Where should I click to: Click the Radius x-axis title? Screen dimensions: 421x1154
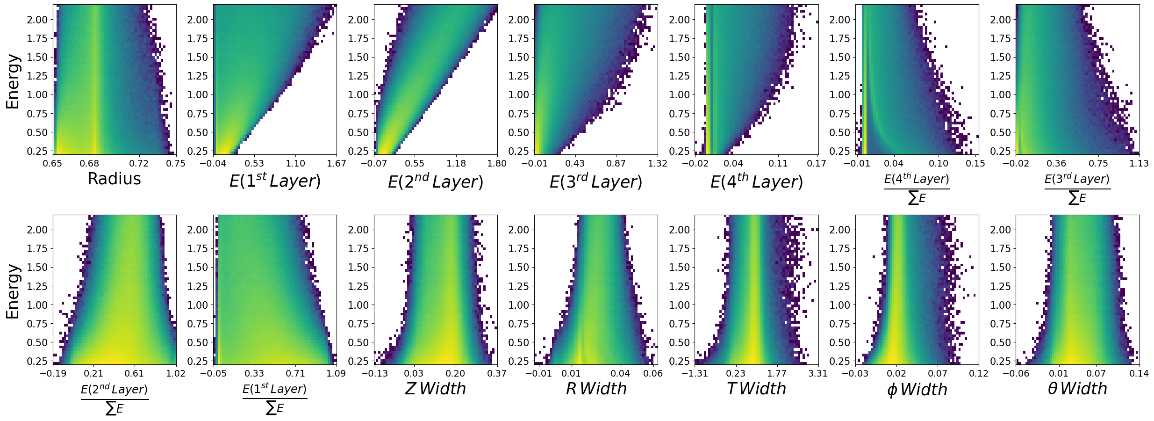pos(114,179)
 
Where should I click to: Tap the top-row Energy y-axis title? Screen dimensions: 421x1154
pos(13,81)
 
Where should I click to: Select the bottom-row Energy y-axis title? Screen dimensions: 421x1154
pos(13,291)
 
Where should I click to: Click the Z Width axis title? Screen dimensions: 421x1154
pos(435,389)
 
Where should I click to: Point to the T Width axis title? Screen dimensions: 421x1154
pos(756,389)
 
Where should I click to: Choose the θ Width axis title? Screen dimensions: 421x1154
pos(1077,389)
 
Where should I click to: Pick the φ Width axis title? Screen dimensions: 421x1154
pos(917,390)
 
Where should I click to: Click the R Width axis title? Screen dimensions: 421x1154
pos(596,389)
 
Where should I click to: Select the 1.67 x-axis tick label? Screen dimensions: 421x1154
pos(337,163)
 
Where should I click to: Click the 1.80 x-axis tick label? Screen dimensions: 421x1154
pos(497,163)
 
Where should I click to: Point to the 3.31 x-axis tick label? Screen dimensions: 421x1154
pos(818,373)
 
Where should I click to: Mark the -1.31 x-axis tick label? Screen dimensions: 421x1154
pos(695,373)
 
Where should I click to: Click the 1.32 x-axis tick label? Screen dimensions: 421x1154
pos(658,163)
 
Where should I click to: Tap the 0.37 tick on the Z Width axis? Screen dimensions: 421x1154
pos(497,373)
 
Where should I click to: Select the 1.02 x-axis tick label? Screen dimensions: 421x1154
pos(176,373)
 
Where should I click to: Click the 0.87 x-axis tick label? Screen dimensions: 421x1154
pos(616,163)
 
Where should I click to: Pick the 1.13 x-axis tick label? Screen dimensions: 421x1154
pos(1139,163)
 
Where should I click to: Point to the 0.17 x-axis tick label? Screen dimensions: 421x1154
pos(818,163)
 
